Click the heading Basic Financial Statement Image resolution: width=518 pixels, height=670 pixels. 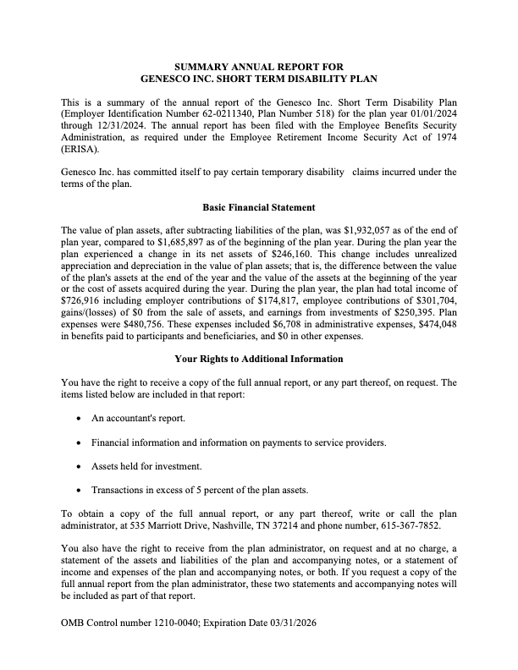pyautogui.click(x=259, y=206)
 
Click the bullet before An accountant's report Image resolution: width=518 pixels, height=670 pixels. pyautogui.click(x=79, y=419)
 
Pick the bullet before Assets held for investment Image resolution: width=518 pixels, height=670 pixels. pyautogui.click(x=79, y=466)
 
